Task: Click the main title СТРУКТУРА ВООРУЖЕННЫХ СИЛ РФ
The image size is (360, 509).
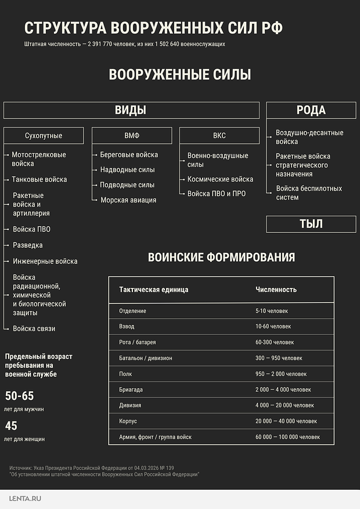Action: pyautogui.click(x=154, y=28)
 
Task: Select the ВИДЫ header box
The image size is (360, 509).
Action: pyautogui.click(x=131, y=110)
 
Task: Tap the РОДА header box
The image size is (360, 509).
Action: pyautogui.click(x=311, y=110)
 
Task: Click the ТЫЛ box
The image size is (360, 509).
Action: pyautogui.click(x=311, y=224)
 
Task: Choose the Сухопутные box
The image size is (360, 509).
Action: pyautogui.click(x=44, y=136)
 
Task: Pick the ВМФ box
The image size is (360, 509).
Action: pyautogui.click(x=132, y=136)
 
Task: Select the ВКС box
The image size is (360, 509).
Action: pyautogui.click(x=219, y=136)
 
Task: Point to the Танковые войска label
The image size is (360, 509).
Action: pyautogui.click(x=39, y=179)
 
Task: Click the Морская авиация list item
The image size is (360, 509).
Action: pyautogui.click(x=128, y=200)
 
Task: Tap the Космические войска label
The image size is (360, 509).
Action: pyautogui.click(x=220, y=179)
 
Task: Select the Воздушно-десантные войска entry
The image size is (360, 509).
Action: pyautogui.click(x=309, y=137)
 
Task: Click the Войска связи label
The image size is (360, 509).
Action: pyautogui.click(x=34, y=328)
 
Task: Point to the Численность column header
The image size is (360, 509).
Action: pyautogui.click(x=276, y=290)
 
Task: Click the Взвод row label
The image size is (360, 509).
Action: pyautogui.click(x=127, y=327)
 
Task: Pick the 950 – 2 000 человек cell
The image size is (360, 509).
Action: pyautogui.click(x=281, y=374)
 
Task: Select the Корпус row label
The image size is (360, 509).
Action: pyautogui.click(x=129, y=421)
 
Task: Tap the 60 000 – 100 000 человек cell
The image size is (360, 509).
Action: pyautogui.click(x=287, y=437)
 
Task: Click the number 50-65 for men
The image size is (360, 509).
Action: pyautogui.click(x=20, y=396)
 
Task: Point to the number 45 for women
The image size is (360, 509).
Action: pyautogui.click(x=11, y=426)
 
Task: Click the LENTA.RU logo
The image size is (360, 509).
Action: pyautogui.click(x=26, y=499)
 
